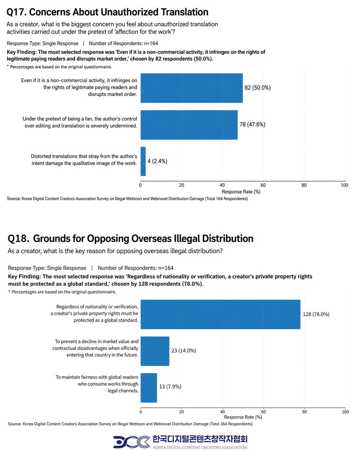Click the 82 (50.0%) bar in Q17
click(191, 88)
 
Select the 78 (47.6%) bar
click(189, 125)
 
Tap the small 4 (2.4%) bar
click(143, 161)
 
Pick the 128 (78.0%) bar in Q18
click(220, 315)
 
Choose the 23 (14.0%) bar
click(155, 351)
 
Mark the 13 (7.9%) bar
click(149, 388)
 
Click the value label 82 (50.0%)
click(257, 88)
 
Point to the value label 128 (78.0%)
click(316, 314)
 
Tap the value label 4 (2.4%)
click(157, 161)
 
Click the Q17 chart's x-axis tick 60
click(263, 185)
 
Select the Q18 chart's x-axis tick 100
click(346, 412)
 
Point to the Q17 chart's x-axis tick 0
click(140, 185)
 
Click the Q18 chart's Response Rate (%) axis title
click(243, 417)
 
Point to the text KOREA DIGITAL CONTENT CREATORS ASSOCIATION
click(200, 447)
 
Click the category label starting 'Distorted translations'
click(84, 160)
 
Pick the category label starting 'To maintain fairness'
click(97, 384)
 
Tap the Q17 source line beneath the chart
click(127, 199)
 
